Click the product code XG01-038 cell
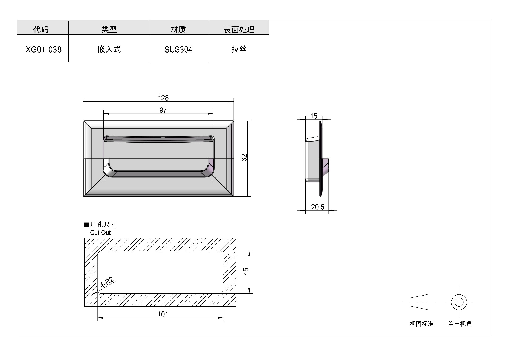point(43,50)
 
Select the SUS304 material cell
point(178,50)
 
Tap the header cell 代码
point(41,29)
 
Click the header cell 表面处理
point(239,29)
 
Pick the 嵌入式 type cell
point(109,49)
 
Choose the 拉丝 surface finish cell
point(239,49)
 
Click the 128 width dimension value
point(163,98)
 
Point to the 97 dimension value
point(163,110)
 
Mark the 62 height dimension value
point(244,158)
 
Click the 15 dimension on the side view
point(314,116)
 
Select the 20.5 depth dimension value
point(318,207)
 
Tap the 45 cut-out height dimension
point(246,272)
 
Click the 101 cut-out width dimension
point(163,314)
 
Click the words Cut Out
point(100,233)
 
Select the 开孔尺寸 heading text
point(103,224)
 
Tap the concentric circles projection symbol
point(459,302)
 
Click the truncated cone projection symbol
point(420,302)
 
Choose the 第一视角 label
point(460,324)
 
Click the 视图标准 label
point(422,324)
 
